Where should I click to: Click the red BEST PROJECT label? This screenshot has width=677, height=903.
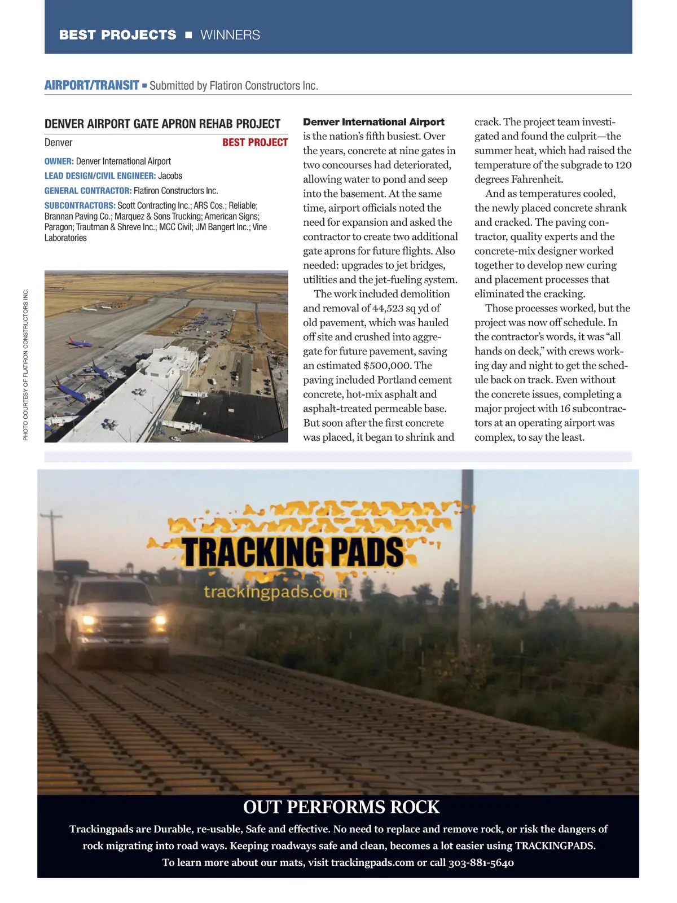pos(255,142)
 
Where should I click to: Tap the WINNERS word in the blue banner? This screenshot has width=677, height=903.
pos(230,35)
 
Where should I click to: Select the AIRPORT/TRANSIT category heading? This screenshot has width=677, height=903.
pos(91,85)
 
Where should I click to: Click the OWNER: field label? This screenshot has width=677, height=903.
pos(59,161)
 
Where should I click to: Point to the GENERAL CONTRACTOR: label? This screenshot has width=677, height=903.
pos(88,191)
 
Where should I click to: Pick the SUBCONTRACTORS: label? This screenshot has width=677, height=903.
pos(80,205)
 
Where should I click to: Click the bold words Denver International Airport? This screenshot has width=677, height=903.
pos(373,122)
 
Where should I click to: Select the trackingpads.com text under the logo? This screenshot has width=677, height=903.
pos(275,592)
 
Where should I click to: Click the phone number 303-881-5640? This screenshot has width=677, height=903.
pos(481,862)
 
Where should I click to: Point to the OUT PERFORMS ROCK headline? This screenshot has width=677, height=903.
pos(341,807)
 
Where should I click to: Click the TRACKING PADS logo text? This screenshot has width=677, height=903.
pos(293,552)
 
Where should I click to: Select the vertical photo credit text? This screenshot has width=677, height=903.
pos(25,365)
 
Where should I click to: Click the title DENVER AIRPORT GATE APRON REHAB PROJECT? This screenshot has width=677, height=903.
pos(162,124)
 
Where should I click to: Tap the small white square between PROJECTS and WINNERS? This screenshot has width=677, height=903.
pos(188,35)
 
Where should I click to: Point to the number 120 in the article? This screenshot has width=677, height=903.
pos(623,165)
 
